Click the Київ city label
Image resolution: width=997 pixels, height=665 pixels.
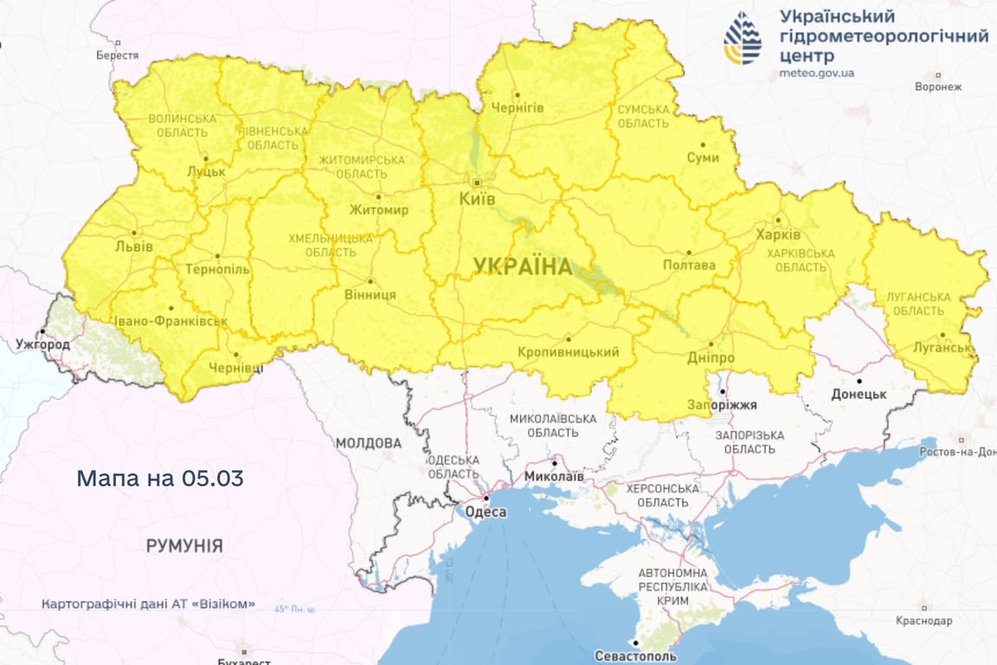pyautogui.click(x=477, y=199)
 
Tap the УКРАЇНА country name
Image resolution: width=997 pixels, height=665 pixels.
pyautogui.click(x=523, y=267)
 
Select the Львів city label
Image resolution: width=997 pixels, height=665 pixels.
pyautogui.click(x=133, y=247)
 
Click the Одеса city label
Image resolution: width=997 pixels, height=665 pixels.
pyautogui.click(x=486, y=512)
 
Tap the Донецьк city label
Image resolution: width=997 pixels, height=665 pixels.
pyautogui.click(x=859, y=394)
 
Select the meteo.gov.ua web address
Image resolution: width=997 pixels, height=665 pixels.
pyautogui.click(x=816, y=73)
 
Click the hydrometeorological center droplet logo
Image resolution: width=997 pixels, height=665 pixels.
pyautogui.click(x=743, y=39)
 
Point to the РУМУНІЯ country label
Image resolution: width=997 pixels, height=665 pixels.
pyautogui.click(x=184, y=546)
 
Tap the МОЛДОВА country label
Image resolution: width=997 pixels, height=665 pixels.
pyautogui.click(x=369, y=443)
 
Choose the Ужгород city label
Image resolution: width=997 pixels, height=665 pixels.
pyautogui.click(x=42, y=344)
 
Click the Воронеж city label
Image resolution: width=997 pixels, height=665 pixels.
pyautogui.click(x=938, y=87)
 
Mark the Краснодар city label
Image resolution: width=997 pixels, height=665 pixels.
pyautogui.click(x=924, y=621)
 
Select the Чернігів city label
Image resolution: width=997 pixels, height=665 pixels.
pyautogui.click(x=518, y=107)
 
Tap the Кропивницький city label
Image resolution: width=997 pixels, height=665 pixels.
pyautogui.click(x=569, y=352)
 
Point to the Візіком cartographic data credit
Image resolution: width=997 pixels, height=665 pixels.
pyautogui.click(x=148, y=604)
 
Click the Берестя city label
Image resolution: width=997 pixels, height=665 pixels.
pyautogui.click(x=118, y=55)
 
